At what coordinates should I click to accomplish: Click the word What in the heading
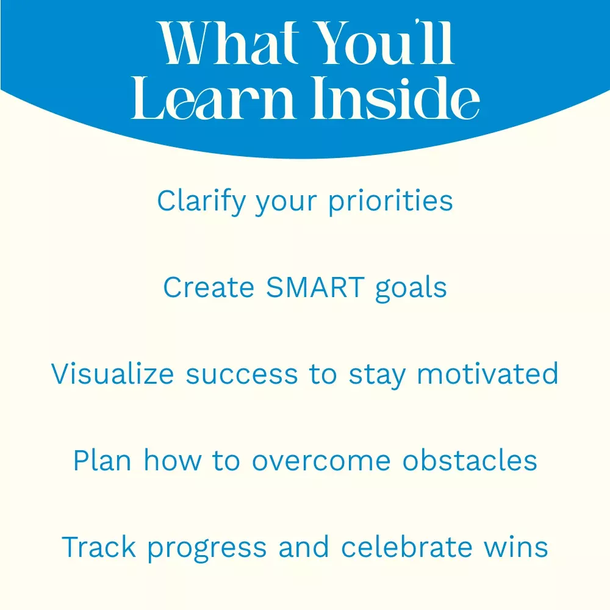[x=229, y=43]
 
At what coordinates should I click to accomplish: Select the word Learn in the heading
[x=212, y=98]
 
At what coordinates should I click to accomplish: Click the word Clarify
[x=201, y=201]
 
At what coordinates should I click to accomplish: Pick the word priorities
[x=390, y=201]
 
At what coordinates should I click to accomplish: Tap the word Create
[x=209, y=287]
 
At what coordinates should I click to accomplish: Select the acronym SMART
[x=315, y=287]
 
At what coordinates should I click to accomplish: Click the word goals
[x=411, y=289]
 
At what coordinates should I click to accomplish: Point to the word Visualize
[x=112, y=374]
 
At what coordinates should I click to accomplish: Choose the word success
[x=242, y=375]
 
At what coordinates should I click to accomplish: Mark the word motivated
[x=487, y=374]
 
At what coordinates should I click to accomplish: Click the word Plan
[x=102, y=461]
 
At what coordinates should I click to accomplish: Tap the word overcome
[x=321, y=462]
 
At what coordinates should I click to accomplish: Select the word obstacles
[x=470, y=461]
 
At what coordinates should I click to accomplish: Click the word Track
[x=99, y=547]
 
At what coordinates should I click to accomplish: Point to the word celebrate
[x=406, y=547]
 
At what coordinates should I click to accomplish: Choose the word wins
[x=516, y=547]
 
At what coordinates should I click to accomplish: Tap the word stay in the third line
[x=377, y=376]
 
